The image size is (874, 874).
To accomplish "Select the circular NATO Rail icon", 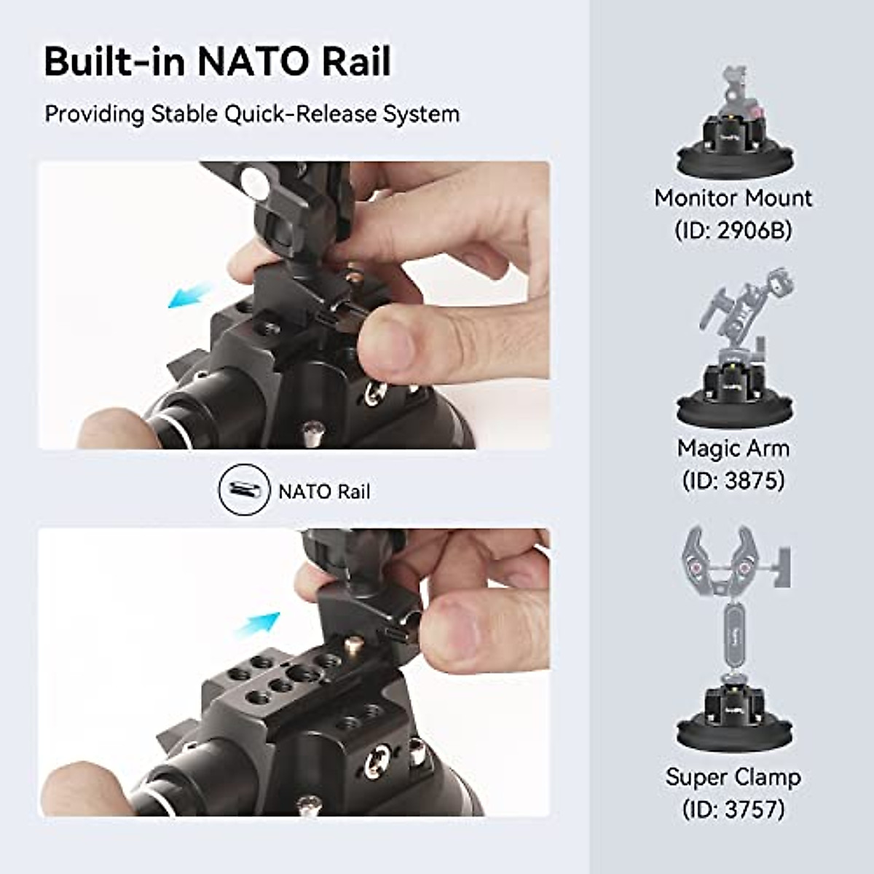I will [x=240, y=490].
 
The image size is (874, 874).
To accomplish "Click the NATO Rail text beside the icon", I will [x=324, y=492].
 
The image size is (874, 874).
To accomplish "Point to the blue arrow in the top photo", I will [x=188, y=296].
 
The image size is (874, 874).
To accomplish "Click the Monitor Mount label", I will [x=733, y=198].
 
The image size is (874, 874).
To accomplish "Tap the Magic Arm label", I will [x=733, y=448].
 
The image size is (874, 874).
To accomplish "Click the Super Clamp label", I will [x=733, y=777].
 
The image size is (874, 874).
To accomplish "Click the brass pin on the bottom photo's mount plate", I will [x=355, y=644].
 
